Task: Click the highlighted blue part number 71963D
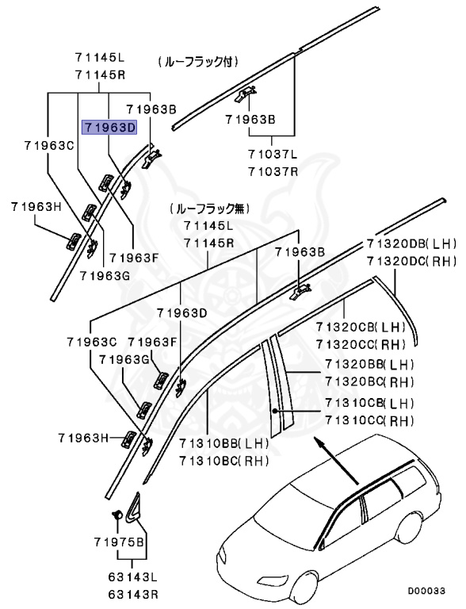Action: click(x=110, y=125)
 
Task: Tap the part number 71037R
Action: click(x=272, y=171)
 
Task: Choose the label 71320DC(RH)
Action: click(x=411, y=260)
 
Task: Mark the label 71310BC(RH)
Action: click(x=223, y=461)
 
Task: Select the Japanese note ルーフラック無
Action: click(x=208, y=209)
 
